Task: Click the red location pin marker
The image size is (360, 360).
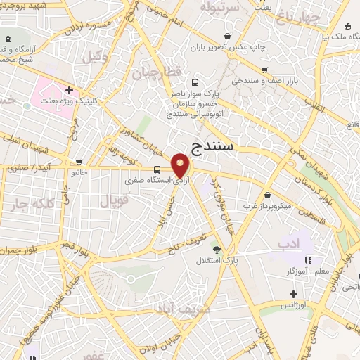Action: click(181, 166)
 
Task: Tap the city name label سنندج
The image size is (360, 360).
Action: click(214, 146)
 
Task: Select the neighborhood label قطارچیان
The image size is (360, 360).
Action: click(166, 72)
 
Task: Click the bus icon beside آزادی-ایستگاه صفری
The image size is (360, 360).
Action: click(157, 169)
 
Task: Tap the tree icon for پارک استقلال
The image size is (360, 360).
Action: click(216, 250)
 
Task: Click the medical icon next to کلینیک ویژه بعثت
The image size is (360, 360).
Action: click(69, 90)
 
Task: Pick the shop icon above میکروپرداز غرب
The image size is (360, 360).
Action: click(267, 195)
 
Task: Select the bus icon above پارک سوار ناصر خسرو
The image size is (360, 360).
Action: click(195, 82)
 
